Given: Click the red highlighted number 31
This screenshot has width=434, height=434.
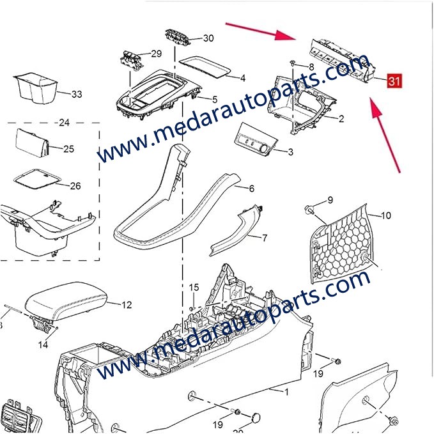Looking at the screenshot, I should pos(394,81).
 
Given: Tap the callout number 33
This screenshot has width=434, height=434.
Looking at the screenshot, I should pos(77,95).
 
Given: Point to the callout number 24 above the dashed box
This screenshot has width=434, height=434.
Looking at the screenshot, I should pos(64,122).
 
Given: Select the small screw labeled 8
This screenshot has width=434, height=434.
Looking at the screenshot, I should pos(291,63).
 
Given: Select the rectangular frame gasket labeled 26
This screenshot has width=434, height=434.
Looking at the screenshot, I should pos(36,180).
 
